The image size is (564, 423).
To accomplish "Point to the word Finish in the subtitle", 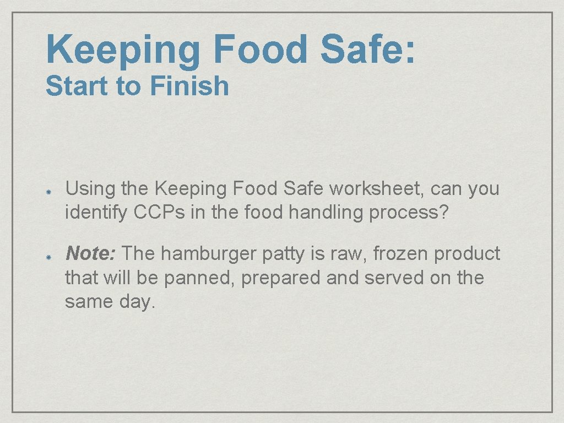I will tap(189, 86).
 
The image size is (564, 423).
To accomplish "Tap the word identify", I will tap(96, 213).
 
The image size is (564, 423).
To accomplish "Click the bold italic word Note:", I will tap(90, 253).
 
